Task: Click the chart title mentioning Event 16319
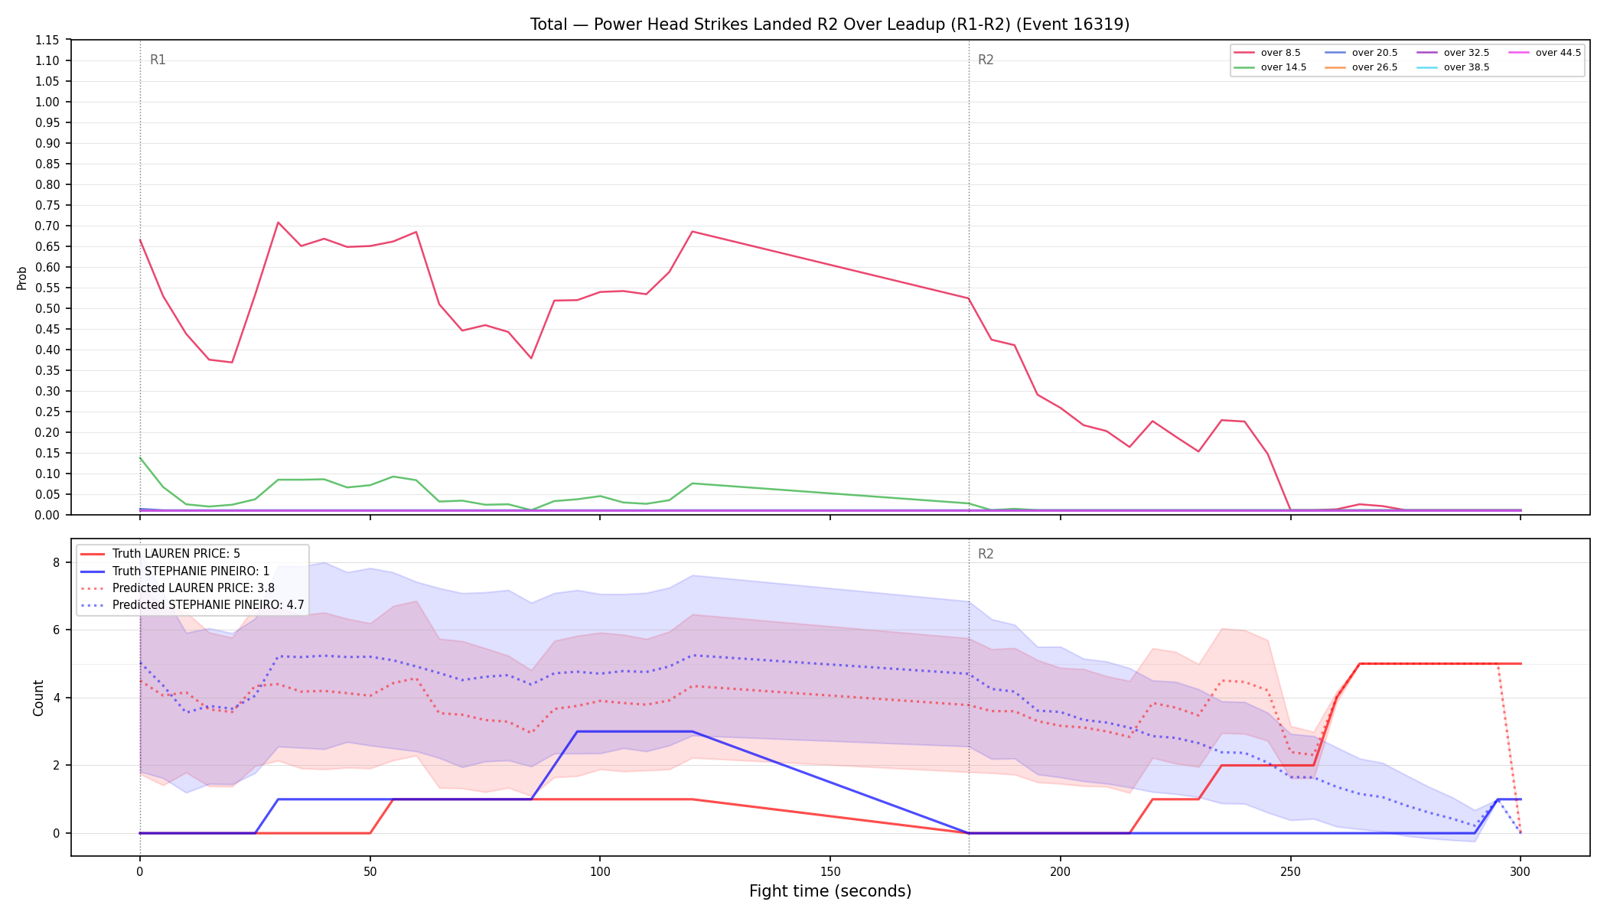click(x=830, y=24)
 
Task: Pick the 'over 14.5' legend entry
click(x=1270, y=67)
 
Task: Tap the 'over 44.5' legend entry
click(x=1545, y=53)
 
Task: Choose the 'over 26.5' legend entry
click(x=1361, y=67)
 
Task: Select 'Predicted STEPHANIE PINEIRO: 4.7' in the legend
click(x=192, y=605)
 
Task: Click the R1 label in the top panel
click(x=158, y=60)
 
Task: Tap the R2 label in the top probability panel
click(x=986, y=60)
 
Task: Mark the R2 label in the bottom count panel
click(x=986, y=554)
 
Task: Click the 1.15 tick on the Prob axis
click(x=47, y=40)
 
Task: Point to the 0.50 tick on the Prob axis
click(x=47, y=308)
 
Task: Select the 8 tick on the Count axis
click(x=56, y=562)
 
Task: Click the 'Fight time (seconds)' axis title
click(x=830, y=891)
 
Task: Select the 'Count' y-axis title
click(x=38, y=698)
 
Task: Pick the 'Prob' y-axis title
click(x=21, y=278)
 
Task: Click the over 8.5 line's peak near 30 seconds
click(x=278, y=223)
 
